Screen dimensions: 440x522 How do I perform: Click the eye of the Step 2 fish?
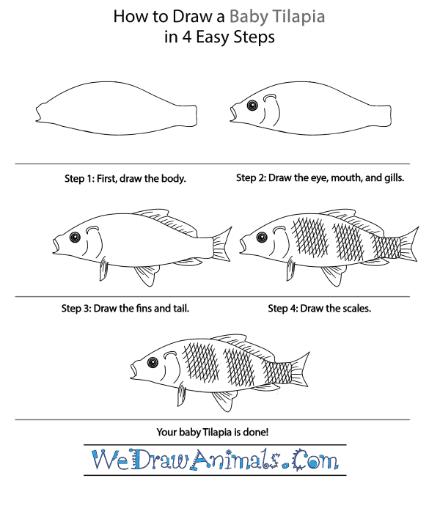tap(252, 106)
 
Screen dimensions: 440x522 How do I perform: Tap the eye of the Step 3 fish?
tap(75, 237)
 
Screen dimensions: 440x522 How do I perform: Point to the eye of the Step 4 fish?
tap(262, 237)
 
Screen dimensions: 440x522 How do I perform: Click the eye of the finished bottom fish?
tap(153, 362)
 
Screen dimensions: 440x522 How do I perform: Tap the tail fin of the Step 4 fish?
tap(409, 245)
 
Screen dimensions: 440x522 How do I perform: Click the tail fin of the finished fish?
tap(300, 370)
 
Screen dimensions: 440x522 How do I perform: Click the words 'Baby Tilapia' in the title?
tap(277, 16)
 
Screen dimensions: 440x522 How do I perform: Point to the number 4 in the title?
tap(186, 37)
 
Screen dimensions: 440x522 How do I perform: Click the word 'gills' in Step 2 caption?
tap(394, 178)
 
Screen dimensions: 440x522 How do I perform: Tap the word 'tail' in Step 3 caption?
tap(181, 309)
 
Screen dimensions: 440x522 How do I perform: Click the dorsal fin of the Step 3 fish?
tap(165, 221)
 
